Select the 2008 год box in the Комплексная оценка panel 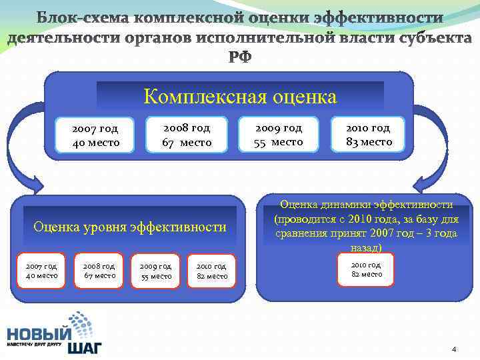click(187, 135)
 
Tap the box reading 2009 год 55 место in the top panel click(278, 135)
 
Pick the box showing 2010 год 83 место click(369, 135)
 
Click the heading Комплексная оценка click(240, 97)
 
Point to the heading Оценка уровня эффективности click(130, 227)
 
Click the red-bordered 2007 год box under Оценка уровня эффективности click(41, 270)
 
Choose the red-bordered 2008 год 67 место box click(99, 270)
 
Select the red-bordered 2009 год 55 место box click(156, 270)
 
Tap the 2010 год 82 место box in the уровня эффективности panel click(212, 270)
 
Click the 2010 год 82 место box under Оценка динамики click(367, 268)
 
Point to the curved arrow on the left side click(27, 153)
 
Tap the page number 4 click(454, 349)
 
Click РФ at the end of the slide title click(241, 57)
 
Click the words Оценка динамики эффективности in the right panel click(367, 205)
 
